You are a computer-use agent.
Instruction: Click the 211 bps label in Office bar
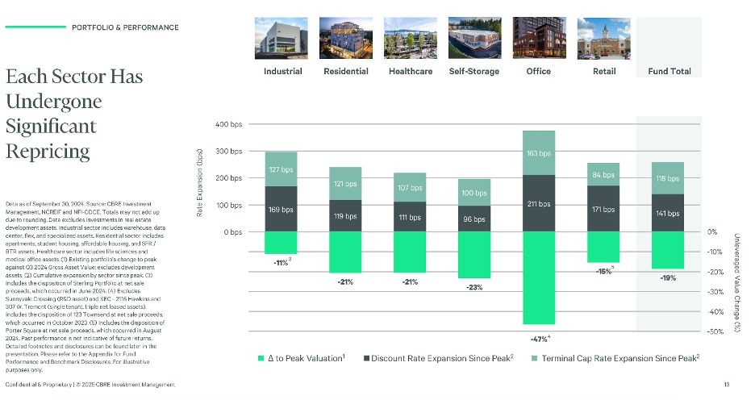539,204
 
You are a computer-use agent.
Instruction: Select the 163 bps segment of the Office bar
539,153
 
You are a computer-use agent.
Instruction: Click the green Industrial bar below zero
282,243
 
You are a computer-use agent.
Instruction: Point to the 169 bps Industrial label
282,210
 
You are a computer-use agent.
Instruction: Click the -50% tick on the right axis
716,331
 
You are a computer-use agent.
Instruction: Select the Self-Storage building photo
474,38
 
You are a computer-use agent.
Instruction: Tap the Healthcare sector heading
410,71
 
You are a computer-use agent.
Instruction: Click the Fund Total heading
669,71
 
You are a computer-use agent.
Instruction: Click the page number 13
726,385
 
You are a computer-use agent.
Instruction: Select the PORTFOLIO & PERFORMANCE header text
125,27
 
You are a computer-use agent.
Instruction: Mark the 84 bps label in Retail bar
603,175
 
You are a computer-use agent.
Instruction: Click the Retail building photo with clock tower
603,38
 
